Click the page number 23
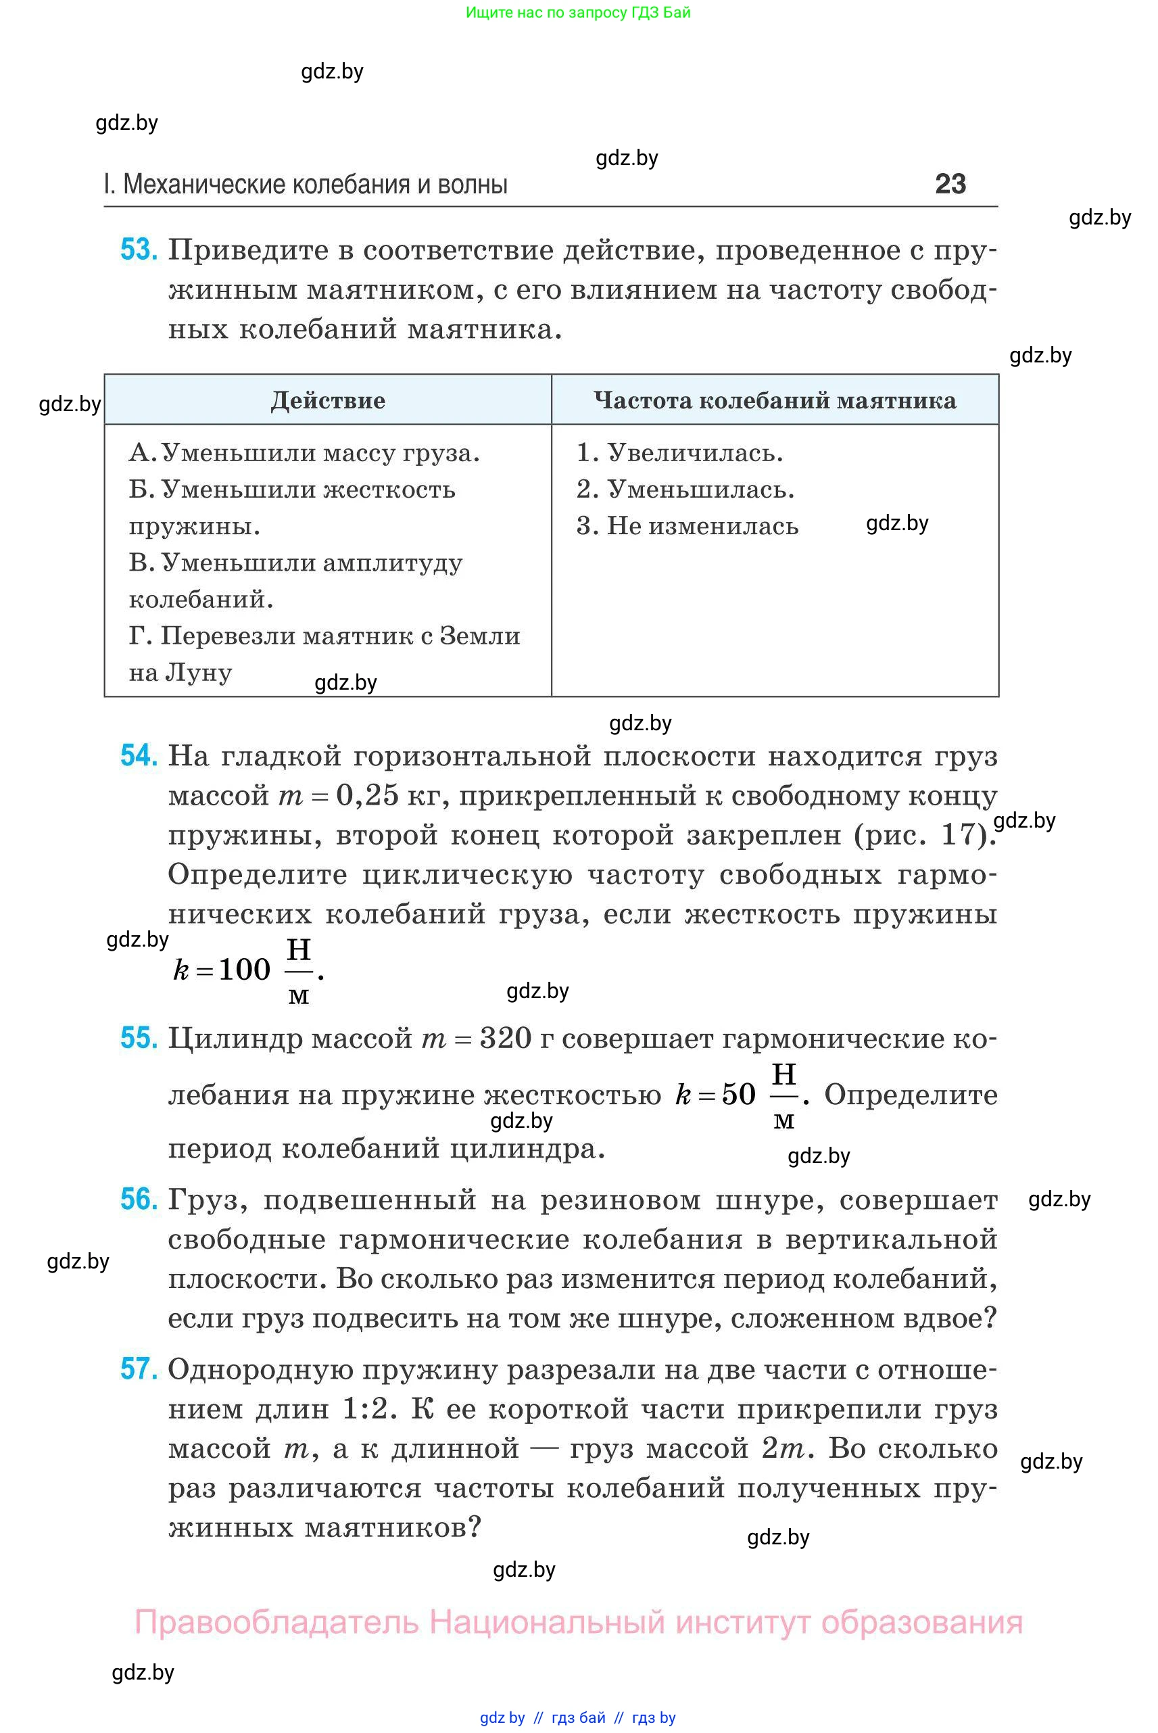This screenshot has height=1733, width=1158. pos(950,184)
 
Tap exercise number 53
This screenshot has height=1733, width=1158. pos(138,250)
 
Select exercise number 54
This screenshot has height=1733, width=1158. pos(138,756)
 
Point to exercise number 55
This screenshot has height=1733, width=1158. pos(138,1038)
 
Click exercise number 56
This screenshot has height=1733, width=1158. pos(138,1199)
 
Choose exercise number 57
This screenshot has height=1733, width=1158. pos(138,1369)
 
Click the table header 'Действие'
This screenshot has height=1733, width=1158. pos(328,400)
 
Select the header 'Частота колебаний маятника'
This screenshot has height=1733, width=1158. pos(775,400)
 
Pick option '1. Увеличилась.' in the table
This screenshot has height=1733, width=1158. pos(679,453)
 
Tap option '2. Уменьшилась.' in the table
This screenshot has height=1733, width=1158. pos(685,489)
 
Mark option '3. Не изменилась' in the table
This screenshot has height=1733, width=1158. pos(687,526)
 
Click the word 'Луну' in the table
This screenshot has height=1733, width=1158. pos(199,672)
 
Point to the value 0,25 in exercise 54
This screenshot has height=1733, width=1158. pos(367,796)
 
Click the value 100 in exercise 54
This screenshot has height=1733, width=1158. pos(245,969)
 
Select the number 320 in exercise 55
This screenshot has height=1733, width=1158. pos(506,1039)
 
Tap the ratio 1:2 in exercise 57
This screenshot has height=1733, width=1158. pos(366,1408)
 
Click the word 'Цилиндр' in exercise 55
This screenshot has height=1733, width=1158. pos(235,1039)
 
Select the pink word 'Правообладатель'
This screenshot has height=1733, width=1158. pos(276,1622)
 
